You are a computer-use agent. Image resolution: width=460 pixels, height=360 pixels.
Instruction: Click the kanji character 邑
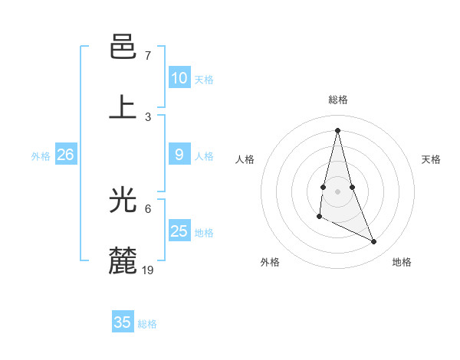coord(123,49)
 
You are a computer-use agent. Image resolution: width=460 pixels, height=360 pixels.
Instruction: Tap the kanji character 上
coord(123,106)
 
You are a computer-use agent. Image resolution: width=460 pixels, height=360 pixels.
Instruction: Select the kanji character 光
coord(123,201)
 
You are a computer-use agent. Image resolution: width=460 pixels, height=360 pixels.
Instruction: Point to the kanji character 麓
coord(123,260)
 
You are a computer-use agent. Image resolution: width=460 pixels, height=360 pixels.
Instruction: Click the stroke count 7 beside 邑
coord(148,56)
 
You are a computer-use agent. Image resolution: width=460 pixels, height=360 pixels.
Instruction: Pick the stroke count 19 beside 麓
coord(148,269)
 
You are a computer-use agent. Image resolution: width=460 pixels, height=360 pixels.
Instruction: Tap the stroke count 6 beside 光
coord(148,208)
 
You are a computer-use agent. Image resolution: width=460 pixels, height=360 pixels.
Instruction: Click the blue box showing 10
coord(179,78)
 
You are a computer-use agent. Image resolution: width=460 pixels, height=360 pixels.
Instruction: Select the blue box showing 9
coord(179,155)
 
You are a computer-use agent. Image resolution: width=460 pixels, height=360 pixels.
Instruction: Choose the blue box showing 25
coord(179,231)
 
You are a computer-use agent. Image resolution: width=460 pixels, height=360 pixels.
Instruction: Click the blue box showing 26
coord(65,155)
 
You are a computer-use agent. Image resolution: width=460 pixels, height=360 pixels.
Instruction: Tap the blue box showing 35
coord(123,322)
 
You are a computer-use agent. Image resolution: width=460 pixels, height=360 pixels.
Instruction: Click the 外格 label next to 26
coord(41,156)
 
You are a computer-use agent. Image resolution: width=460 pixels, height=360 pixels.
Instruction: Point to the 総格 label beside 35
coord(147,324)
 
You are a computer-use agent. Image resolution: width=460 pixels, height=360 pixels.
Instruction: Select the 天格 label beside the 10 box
coord(203,80)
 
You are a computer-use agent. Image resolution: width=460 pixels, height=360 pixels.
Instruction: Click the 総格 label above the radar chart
coord(337,100)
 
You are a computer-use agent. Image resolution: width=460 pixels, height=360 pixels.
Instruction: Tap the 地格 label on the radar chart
coord(402,262)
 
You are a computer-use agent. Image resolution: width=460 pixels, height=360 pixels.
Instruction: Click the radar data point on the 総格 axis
coord(337,129)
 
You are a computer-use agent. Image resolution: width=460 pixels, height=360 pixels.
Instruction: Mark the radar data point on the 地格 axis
coord(374,242)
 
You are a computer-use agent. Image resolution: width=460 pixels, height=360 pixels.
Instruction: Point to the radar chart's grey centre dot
coord(337,190)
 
